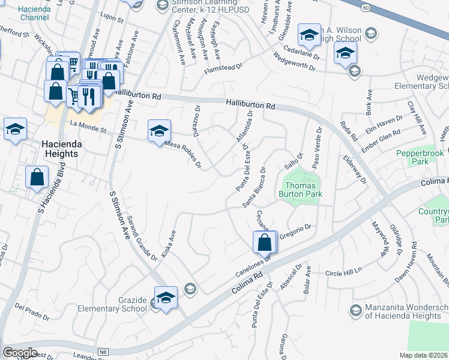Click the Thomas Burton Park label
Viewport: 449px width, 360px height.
click(x=301, y=190)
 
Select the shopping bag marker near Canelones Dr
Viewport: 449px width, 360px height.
click(x=264, y=242)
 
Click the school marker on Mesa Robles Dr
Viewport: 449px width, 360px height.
click(x=159, y=131)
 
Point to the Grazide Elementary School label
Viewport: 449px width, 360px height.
click(x=113, y=304)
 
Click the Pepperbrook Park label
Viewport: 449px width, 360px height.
click(x=420, y=158)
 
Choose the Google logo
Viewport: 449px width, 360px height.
click(x=20, y=353)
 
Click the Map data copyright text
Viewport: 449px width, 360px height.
click(x=424, y=355)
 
